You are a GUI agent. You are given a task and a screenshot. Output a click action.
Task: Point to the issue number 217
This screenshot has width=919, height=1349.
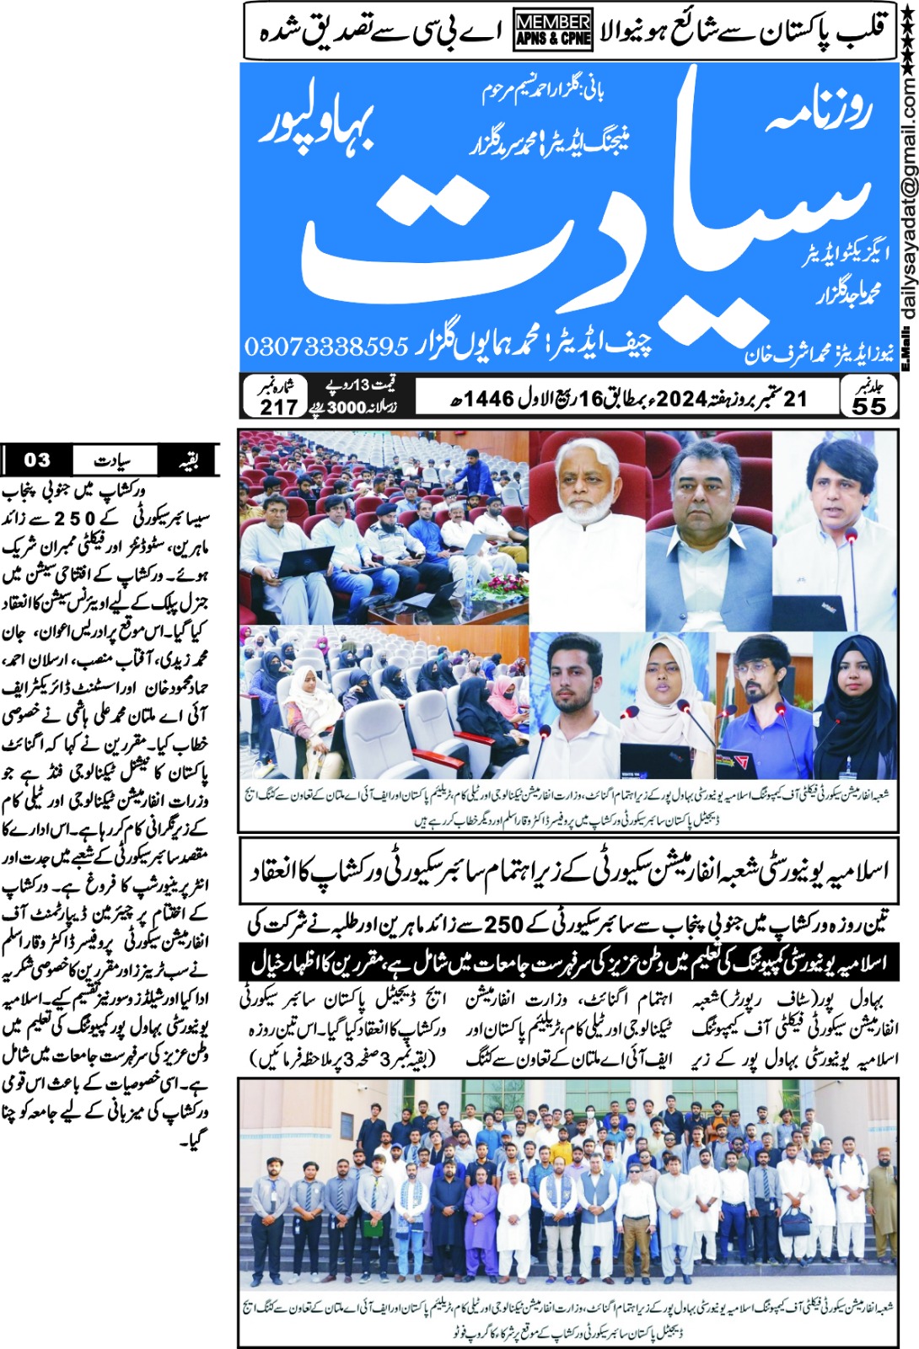tap(279, 406)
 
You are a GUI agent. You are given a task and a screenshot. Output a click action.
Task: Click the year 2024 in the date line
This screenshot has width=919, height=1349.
tap(680, 398)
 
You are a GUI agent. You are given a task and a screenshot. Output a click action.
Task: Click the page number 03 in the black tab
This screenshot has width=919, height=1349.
tap(37, 460)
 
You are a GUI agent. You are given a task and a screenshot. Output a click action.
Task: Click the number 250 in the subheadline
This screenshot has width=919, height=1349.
tap(503, 925)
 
